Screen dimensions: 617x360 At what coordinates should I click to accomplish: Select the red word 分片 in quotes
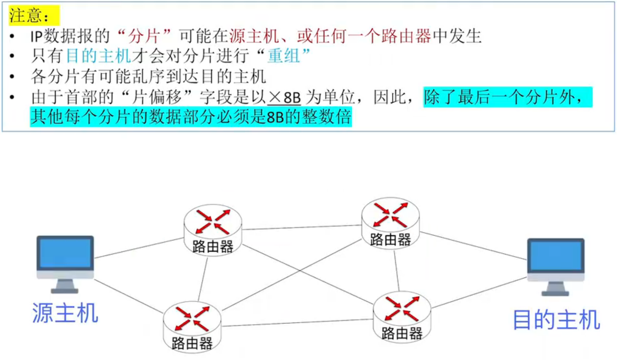(144, 36)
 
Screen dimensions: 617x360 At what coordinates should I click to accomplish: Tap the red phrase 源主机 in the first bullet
(254, 36)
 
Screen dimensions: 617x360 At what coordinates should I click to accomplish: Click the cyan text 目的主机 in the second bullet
(99, 56)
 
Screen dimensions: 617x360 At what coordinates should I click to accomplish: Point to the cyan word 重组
(283, 56)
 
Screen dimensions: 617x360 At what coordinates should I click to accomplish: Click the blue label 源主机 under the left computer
(65, 313)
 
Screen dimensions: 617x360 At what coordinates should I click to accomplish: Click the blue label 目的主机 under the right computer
(556, 320)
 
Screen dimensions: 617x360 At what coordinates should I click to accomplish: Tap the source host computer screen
(65, 253)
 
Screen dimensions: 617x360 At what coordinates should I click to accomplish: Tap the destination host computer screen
(556, 256)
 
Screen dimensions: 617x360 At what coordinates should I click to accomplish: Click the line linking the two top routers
(302, 227)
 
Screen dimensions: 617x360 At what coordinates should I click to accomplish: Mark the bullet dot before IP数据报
(13, 36)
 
